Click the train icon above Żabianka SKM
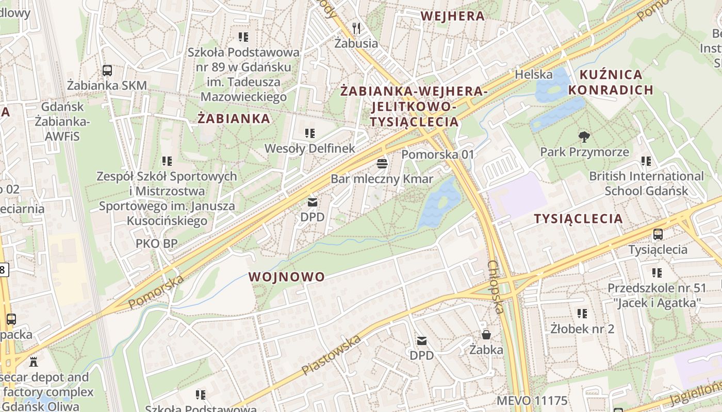(x=107, y=71)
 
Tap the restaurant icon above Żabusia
(x=356, y=28)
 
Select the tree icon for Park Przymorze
(x=584, y=137)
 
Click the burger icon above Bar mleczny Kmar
(x=382, y=164)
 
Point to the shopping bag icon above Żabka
(x=486, y=335)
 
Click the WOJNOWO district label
(x=287, y=277)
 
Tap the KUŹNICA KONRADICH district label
(x=611, y=82)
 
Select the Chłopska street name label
(x=495, y=287)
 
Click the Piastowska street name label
(x=331, y=355)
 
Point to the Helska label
(x=534, y=75)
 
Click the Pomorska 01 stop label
(x=438, y=154)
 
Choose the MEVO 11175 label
(x=532, y=401)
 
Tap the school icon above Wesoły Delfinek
(x=310, y=133)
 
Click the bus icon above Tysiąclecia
(x=658, y=234)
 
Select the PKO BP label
(x=157, y=243)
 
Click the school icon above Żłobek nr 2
(x=582, y=313)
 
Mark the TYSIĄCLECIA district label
(x=578, y=219)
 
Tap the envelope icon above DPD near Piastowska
(x=422, y=340)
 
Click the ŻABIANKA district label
(x=234, y=119)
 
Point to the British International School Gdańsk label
(x=646, y=183)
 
